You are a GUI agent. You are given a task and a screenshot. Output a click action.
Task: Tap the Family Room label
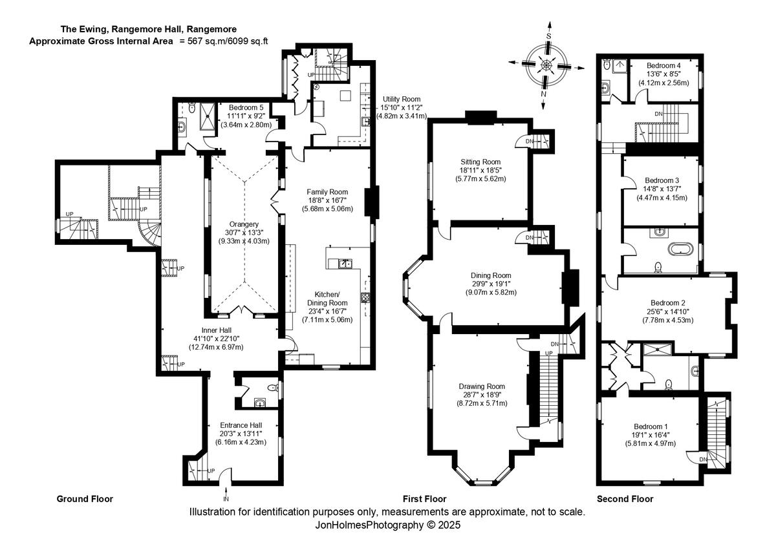(327, 192)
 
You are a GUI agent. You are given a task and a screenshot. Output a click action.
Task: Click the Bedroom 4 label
(663, 65)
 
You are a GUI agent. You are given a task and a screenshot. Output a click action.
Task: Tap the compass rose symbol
(547, 64)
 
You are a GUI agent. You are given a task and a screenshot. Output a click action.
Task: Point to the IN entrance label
(226, 500)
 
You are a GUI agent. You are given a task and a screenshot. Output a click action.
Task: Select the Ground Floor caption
(85, 499)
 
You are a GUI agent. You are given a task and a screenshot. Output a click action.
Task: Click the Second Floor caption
(625, 499)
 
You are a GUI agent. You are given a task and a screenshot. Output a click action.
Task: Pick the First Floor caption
(424, 499)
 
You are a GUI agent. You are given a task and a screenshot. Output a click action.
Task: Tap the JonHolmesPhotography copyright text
(387, 525)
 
